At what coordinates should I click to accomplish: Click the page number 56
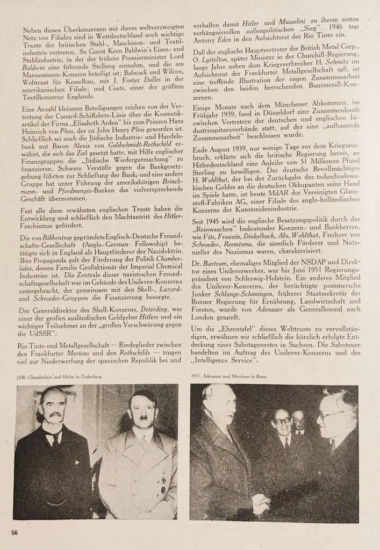coord(16,532)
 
